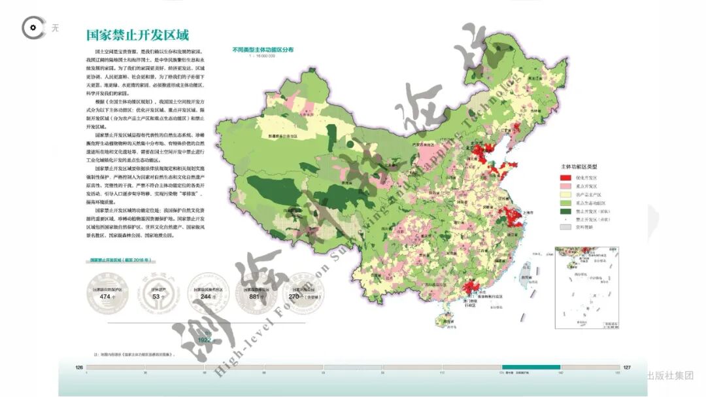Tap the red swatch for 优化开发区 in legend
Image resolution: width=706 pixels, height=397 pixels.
[565, 177]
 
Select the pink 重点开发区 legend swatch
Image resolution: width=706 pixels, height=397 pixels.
[565, 186]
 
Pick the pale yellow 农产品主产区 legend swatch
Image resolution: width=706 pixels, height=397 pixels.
[565, 194]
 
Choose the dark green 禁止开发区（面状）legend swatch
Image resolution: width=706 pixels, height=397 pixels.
[565, 211]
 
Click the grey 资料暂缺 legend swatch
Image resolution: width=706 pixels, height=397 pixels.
[565, 228]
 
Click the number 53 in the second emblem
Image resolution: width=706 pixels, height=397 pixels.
[156, 296]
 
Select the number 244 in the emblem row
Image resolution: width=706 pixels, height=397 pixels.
[207, 296]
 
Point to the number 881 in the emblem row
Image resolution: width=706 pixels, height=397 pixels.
[257, 296]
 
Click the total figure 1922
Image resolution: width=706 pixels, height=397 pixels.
[205, 339]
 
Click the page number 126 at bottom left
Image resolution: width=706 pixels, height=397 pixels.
[80, 368]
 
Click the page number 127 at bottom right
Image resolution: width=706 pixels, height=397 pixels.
[626, 368]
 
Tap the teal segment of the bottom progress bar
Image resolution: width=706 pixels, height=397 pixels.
[531, 368]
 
